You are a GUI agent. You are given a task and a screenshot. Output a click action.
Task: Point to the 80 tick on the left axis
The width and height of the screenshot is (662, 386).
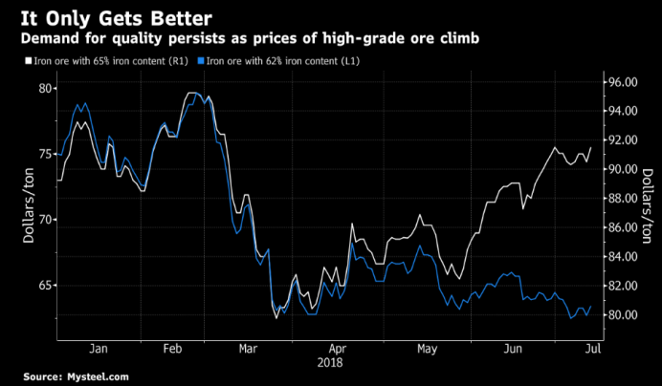coord(44,89)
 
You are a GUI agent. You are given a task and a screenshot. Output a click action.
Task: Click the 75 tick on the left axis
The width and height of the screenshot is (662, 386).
coord(44,155)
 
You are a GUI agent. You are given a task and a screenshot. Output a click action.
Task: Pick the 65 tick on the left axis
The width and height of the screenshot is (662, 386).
coord(44,286)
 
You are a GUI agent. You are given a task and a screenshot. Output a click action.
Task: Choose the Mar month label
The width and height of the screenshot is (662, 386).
coord(248,348)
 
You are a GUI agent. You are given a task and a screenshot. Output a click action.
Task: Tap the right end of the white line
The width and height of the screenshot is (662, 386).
coord(590,148)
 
